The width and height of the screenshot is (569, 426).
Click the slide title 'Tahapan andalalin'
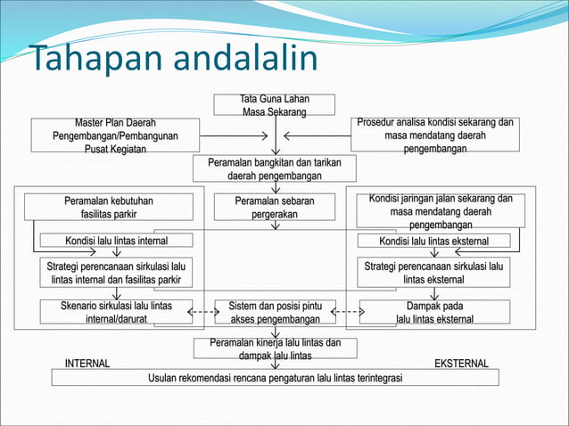[174, 60]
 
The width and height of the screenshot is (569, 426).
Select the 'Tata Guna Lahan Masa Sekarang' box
[275, 105]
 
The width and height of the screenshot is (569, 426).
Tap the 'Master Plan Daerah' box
[117, 135]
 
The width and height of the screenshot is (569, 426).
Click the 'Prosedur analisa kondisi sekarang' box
[434, 135]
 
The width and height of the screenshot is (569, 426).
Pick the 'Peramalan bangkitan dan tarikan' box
[275, 169]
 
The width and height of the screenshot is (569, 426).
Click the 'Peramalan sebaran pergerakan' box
[275, 207]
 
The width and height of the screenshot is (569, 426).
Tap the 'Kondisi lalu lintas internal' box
[116, 241]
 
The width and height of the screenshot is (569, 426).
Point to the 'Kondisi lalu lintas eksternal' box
[434, 241]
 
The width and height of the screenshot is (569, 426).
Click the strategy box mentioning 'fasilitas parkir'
[116, 273]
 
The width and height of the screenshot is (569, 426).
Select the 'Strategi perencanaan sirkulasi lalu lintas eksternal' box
[433, 273]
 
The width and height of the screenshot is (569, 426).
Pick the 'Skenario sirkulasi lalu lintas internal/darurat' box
[116, 312]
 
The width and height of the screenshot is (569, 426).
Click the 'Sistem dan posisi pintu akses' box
[275, 312]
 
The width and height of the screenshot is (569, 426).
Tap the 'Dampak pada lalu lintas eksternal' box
[434, 312]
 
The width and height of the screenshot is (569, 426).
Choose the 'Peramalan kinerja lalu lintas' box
[275, 348]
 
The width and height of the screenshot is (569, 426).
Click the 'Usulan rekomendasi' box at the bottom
[275, 378]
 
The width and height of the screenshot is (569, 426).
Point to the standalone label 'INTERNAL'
[87, 364]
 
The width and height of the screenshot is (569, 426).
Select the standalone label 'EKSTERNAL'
[460, 364]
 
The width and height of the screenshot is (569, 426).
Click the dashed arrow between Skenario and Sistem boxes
[204, 312]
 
